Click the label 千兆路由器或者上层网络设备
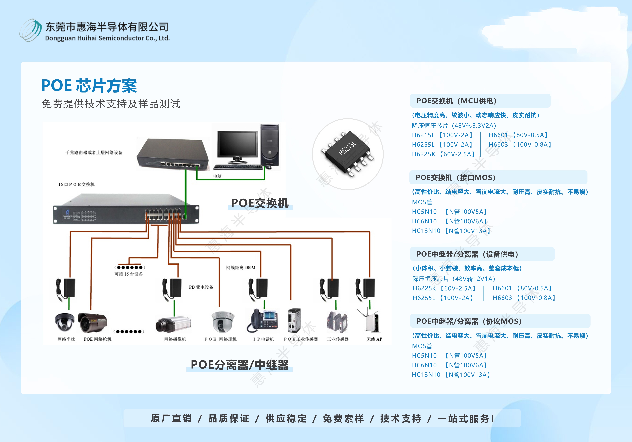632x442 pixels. click(94, 152)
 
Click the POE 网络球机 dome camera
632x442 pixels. click(223, 322)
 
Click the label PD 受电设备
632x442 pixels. click(201, 287)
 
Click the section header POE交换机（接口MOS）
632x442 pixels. click(456, 178)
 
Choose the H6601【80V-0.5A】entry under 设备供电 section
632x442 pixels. click(522, 288)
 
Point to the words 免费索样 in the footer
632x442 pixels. click(343, 419)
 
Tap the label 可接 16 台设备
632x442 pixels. click(129, 274)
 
